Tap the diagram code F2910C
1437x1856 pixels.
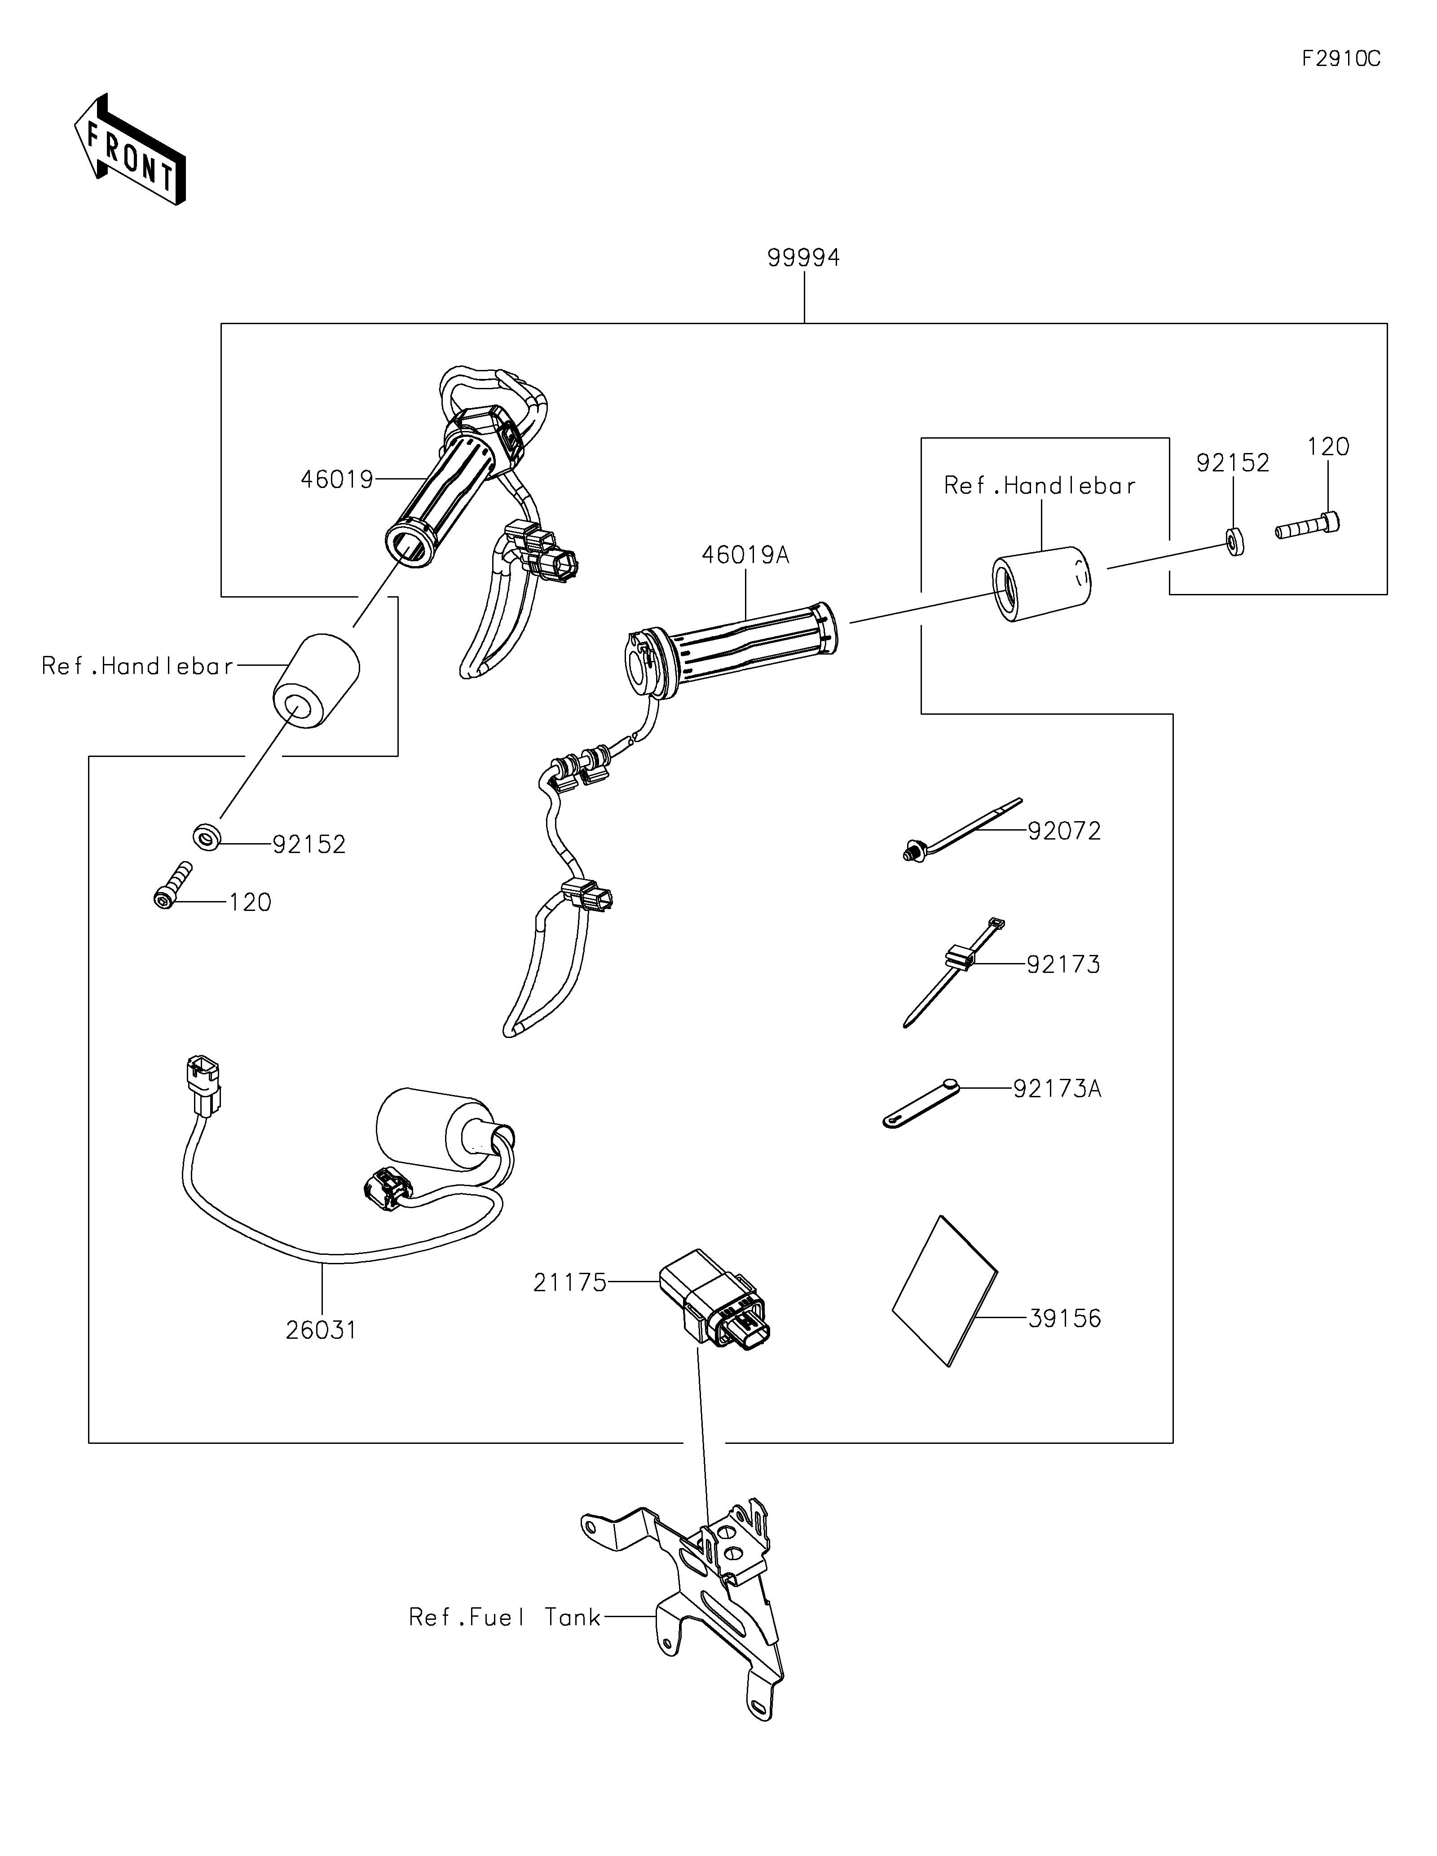click(1341, 59)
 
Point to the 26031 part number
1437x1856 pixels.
click(321, 1330)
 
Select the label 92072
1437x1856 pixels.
click(1064, 831)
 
